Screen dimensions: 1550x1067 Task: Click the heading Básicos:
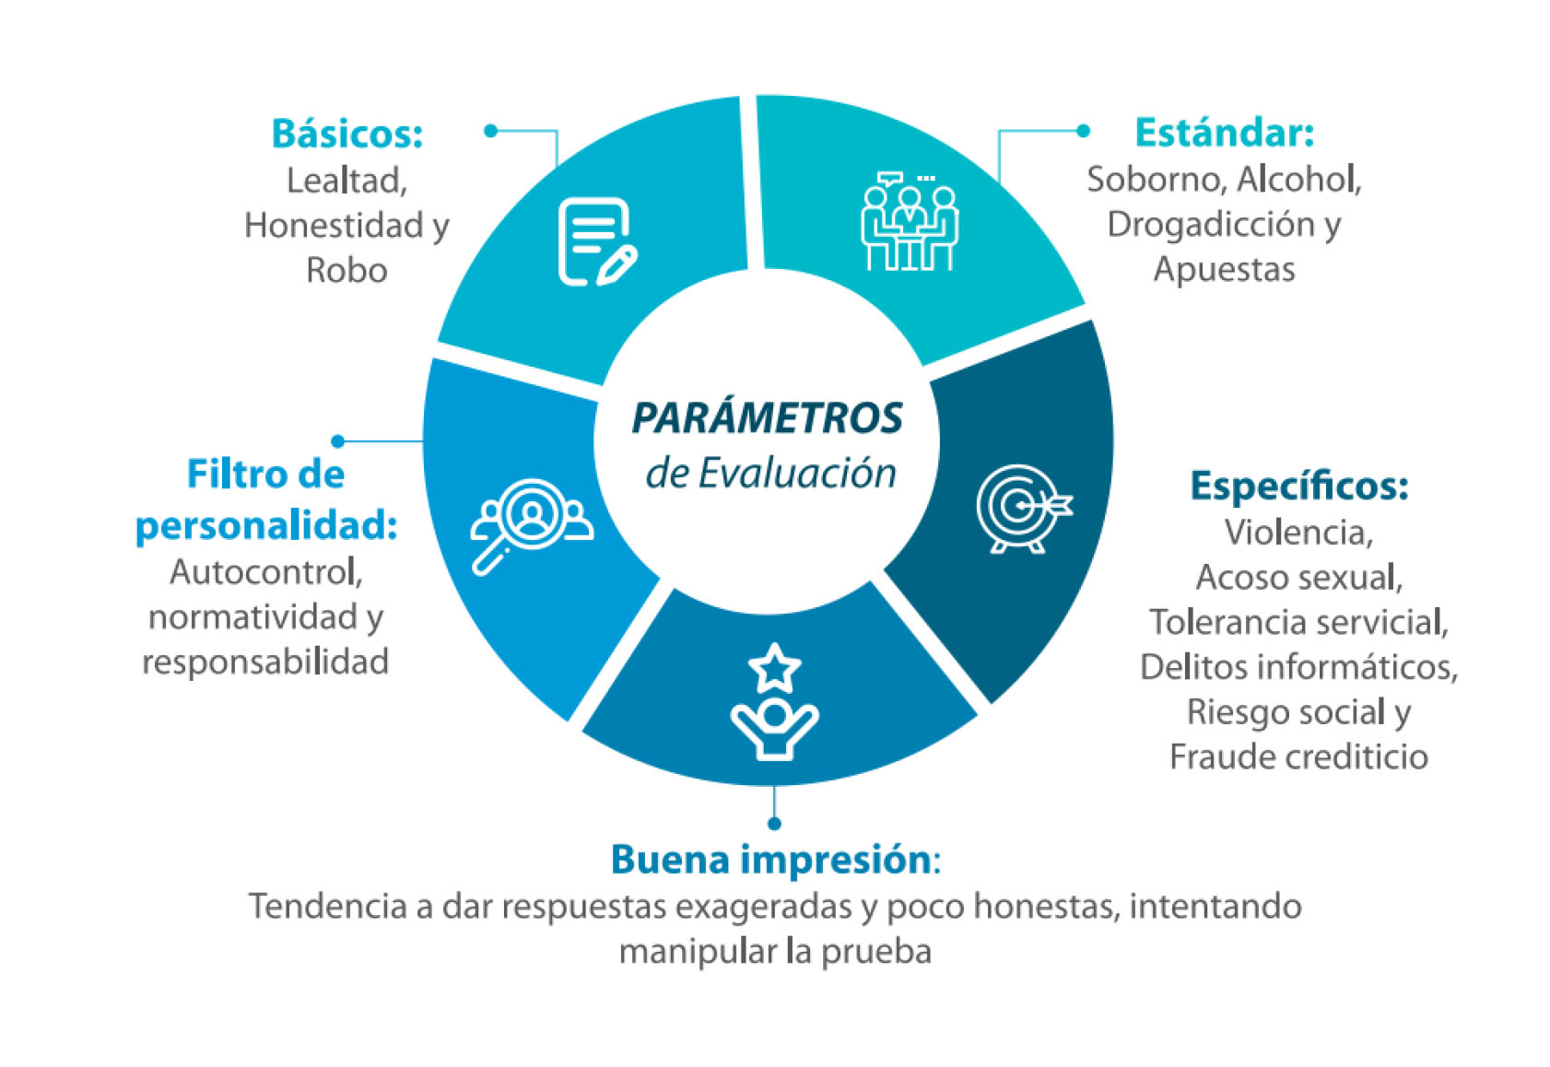(346, 133)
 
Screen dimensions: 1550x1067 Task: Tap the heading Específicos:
(1298, 487)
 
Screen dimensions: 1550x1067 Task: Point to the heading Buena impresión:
(775, 860)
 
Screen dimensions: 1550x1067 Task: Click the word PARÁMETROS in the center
(768, 417)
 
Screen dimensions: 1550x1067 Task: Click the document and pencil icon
(598, 241)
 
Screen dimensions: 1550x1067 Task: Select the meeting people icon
(910, 221)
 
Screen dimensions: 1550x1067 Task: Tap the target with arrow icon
(1024, 509)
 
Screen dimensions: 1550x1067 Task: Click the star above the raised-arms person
(774, 668)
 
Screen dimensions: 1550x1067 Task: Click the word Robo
(346, 270)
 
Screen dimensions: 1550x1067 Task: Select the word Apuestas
(1224, 269)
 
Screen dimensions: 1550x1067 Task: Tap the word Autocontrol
(264, 571)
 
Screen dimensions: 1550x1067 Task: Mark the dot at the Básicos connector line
(490, 131)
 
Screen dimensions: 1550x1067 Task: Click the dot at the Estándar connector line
(1084, 131)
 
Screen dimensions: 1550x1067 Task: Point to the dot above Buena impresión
(774, 824)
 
